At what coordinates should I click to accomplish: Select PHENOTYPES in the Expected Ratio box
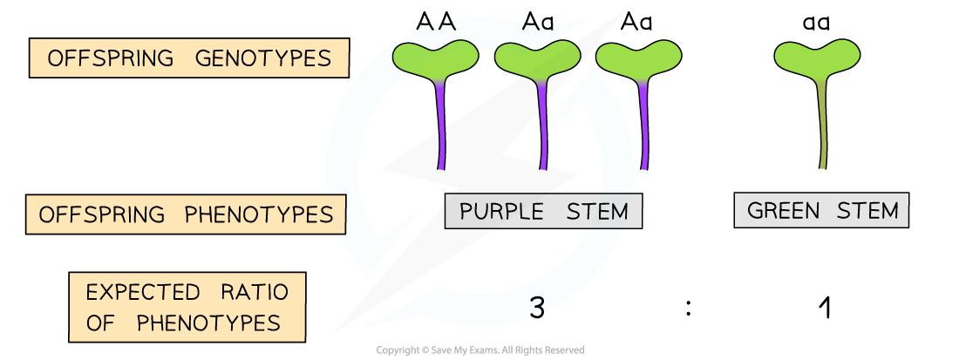(x=208, y=323)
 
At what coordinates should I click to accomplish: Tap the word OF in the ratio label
(x=99, y=323)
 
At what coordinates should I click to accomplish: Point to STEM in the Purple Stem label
(x=596, y=211)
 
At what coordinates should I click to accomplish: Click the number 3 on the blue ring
(x=537, y=308)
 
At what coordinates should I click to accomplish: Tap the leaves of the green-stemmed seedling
(x=817, y=56)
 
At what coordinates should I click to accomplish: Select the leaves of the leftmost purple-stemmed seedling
(x=435, y=58)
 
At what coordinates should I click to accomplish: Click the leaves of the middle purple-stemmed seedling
(x=537, y=58)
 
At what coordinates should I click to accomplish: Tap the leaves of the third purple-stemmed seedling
(x=639, y=58)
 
